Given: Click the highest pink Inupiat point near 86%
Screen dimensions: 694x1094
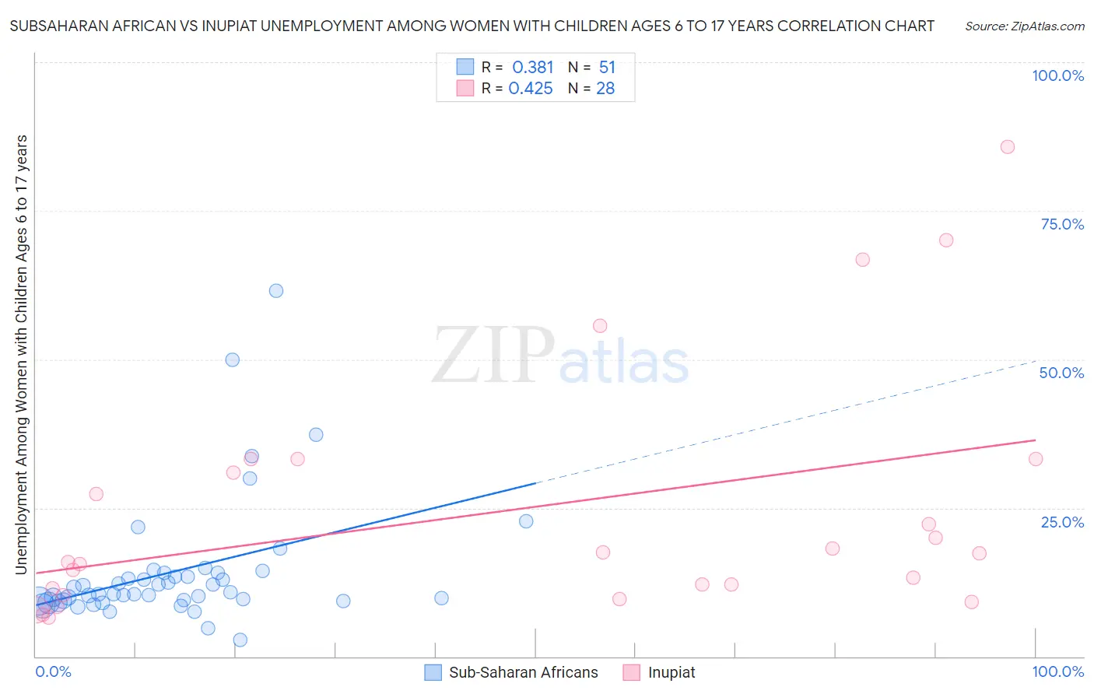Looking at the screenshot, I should coord(1007,147).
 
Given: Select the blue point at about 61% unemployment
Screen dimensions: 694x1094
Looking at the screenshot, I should coord(276,291).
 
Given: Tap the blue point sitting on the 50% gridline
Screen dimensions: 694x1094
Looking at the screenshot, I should coord(232,359).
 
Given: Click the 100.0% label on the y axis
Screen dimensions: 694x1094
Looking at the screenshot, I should coord(1057,75).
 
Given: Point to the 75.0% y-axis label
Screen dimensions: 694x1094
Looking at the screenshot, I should coord(1062,224).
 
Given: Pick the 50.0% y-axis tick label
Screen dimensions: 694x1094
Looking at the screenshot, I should coord(1061,373).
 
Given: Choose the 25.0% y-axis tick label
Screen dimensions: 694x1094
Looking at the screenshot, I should coord(1062,522).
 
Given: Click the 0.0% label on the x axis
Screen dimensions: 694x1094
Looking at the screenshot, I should coord(53,671).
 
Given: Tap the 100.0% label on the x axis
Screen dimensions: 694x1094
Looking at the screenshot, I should coord(1057,671).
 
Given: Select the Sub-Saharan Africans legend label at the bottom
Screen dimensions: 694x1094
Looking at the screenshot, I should coord(523,672).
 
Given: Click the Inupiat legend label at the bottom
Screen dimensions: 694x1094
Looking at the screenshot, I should coord(671,672).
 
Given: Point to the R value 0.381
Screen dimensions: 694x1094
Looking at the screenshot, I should coord(532,68).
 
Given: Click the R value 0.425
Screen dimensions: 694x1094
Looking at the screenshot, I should coord(531,89).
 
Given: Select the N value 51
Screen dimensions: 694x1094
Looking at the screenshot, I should coord(607,68).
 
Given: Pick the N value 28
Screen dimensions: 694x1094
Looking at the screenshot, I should coord(605,89).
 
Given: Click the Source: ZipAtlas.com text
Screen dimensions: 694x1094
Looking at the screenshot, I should coord(1024,26).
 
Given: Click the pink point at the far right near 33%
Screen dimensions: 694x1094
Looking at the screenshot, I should coord(1035,459).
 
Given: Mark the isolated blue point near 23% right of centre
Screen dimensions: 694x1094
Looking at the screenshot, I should coord(526,521).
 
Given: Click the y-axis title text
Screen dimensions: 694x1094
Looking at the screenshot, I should coord(21,355).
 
